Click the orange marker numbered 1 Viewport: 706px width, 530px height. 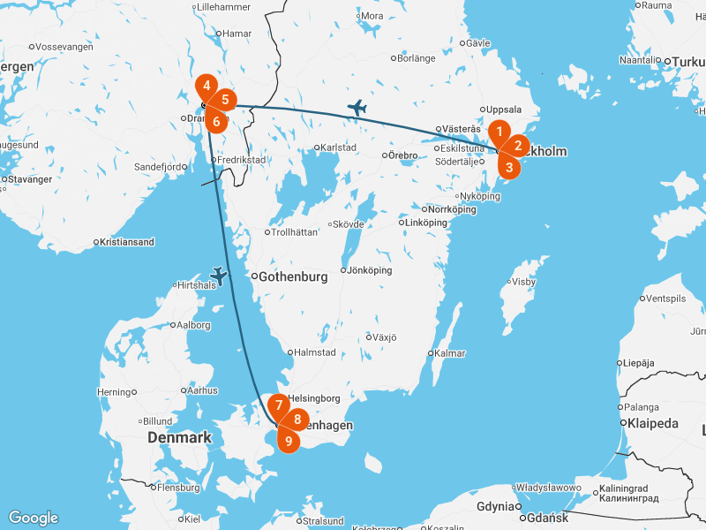coord(499,133)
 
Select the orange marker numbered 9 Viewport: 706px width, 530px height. coord(288,438)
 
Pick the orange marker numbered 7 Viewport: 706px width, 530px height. coord(279,407)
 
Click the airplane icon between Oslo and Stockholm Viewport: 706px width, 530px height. coord(357,108)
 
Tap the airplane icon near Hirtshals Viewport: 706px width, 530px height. coord(219,276)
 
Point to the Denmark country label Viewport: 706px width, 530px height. coord(179,437)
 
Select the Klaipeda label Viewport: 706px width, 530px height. coord(650,424)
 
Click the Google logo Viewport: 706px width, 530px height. coord(33,518)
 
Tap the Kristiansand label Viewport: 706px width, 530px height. coord(127,242)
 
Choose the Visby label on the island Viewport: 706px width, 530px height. coord(524,282)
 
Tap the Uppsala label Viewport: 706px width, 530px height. coord(504,110)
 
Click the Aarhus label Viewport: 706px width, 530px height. coord(202,390)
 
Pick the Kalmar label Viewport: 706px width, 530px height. coord(450,353)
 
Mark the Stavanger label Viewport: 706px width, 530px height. coord(32,179)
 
